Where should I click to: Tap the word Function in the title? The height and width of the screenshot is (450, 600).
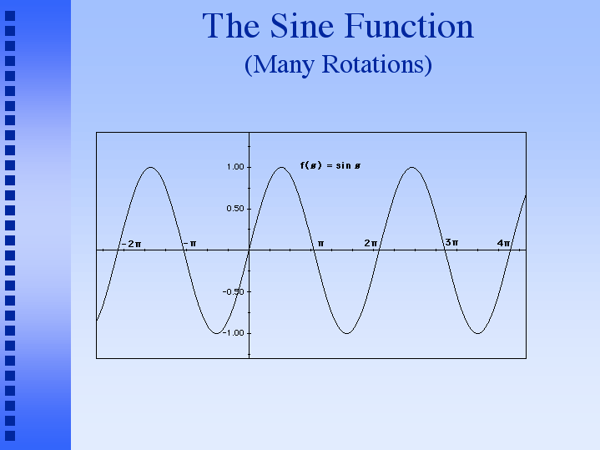(x=409, y=26)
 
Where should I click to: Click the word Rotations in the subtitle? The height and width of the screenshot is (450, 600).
(x=377, y=64)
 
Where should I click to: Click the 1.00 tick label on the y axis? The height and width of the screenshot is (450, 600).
(x=235, y=167)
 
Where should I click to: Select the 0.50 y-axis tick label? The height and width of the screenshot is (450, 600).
(x=235, y=209)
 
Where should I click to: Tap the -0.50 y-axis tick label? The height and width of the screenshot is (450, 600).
(x=233, y=292)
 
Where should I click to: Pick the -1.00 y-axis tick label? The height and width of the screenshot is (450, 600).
(x=233, y=333)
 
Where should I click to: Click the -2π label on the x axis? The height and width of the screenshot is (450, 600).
(x=132, y=244)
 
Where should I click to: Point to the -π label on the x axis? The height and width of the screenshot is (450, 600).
(x=189, y=244)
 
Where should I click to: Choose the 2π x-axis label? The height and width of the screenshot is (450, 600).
(x=371, y=243)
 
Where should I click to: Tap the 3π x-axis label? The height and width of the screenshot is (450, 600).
(x=451, y=242)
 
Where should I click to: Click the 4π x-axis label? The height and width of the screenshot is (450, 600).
(x=503, y=243)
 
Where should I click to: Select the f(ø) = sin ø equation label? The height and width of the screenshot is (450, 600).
(x=330, y=165)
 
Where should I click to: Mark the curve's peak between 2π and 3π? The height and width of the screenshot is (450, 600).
(x=412, y=167)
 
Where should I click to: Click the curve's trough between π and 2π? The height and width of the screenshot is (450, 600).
(x=346, y=333)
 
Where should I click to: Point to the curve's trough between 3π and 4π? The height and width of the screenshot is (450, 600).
(x=477, y=333)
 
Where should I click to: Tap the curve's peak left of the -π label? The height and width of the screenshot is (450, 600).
(x=151, y=167)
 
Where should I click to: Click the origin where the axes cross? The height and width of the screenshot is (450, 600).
(x=250, y=250)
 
